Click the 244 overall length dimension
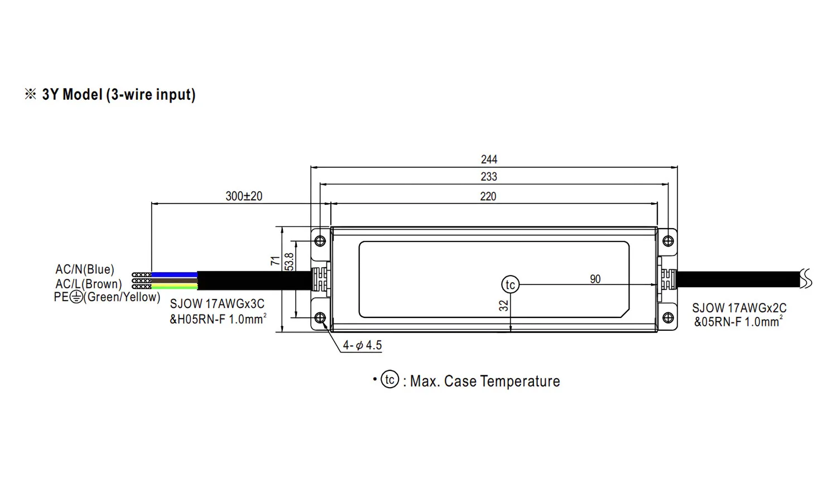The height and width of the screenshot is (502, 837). (x=489, y=160)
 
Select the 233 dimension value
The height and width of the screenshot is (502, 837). (x=489, y=176)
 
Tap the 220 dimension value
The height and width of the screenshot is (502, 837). (x=488, y=196)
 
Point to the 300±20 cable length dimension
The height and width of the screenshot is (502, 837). (x=244, y=196)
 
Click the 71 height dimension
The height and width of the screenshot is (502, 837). (x=276, y=260)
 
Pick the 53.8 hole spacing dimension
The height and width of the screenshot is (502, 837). (x=289, y=262)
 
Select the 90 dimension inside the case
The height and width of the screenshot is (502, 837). (x=595, y=279)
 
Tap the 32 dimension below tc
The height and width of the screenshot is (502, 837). (x=504, y=306)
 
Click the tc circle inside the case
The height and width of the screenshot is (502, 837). (x=511, y=284)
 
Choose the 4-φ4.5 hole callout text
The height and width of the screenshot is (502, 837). (x=362, y=345)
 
